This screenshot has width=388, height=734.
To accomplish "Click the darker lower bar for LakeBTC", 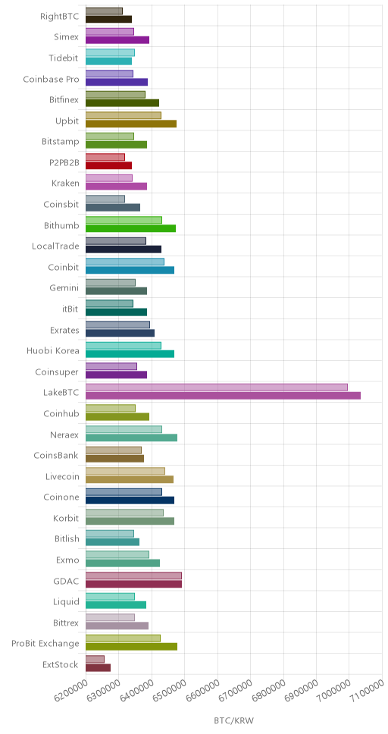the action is (223, 396).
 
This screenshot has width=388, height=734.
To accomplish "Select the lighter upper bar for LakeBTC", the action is (217, 387).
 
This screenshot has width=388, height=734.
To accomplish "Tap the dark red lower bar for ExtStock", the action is (98, 667).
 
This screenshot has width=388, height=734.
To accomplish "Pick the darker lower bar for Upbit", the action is (131, 124).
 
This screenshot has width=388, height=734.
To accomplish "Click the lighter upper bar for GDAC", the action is (133, 576).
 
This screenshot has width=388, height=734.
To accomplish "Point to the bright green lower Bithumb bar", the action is (130, 228).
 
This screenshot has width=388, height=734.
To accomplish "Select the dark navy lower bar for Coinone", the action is (130, 500).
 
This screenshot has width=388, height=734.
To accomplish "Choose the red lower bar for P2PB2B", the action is (108, 165).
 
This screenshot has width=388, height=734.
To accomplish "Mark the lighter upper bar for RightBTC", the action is (104, 11).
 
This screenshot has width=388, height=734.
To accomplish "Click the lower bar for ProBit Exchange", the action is (132, 647).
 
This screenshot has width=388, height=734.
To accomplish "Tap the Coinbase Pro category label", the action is (51, 79).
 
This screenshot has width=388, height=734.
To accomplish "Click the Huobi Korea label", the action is (53, 350).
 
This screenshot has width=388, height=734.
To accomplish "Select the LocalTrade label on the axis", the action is (55, 246).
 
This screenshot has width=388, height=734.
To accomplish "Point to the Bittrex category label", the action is (65, 623).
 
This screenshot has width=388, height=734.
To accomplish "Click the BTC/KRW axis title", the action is (233, 720).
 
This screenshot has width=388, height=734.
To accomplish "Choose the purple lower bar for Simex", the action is (117, 39).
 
